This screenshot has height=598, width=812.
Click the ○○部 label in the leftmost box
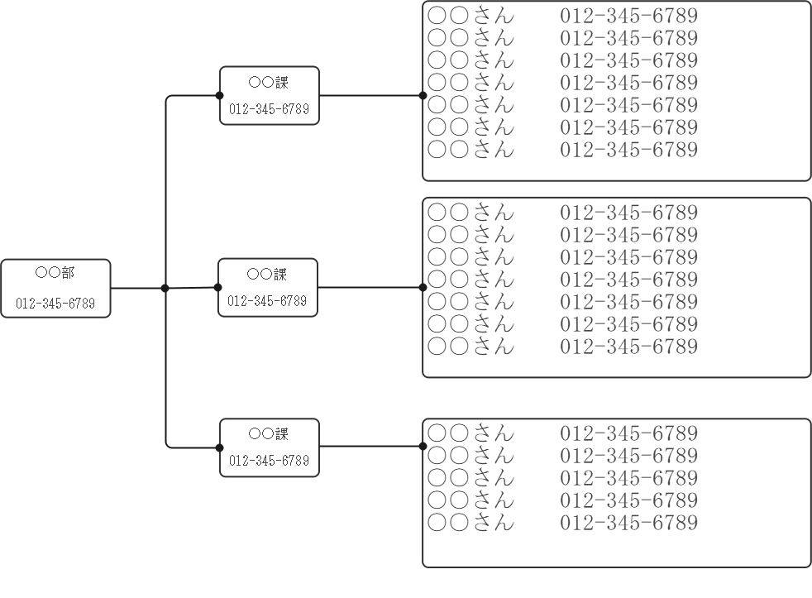(x=55, y=272)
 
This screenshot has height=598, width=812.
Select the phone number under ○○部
(x=55, y=304)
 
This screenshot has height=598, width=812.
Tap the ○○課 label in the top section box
(x=269, y=82)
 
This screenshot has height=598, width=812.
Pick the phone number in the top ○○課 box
(x=269, y=109)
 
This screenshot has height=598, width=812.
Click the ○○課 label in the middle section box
(x=267, y=274)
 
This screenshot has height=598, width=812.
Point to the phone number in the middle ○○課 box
(x=267, y=301)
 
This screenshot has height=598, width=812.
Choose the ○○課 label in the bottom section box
(x=269, y=433)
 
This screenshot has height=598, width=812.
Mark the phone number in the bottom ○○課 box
(x=269, y=461)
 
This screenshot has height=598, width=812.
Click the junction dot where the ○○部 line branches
(x=165, y=289)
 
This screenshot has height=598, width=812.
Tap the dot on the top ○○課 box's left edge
(x=220, y=95)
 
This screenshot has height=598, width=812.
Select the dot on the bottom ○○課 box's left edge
(x=220, y=447)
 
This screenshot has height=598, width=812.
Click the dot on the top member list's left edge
(x=423, y=95)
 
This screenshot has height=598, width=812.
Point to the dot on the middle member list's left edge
(x=423, y=288)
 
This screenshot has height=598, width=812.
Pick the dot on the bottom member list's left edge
(x=423, y=447)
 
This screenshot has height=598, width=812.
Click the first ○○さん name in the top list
(x=470, y=16)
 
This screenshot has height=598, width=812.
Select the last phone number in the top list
(x=628, y=150)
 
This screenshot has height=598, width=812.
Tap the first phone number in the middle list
(x=628, y=213)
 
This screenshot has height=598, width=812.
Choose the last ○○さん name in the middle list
(x=470, y=347)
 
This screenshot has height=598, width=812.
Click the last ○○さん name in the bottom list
(x=470, y=523)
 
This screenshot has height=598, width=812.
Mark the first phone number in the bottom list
(x=628, y=433)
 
